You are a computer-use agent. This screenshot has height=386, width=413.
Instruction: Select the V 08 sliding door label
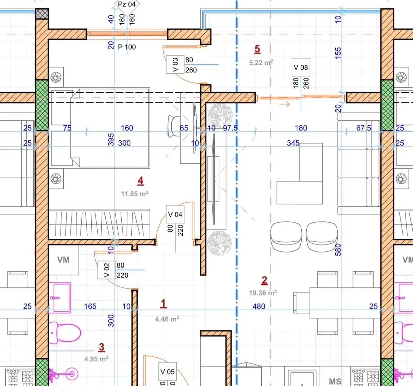(301, 67)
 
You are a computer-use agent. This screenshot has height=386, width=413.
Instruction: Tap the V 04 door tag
(175, 214)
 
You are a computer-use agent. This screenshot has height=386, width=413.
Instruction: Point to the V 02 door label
(106, 270)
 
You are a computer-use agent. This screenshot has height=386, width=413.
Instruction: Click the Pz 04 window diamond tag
(127, 5)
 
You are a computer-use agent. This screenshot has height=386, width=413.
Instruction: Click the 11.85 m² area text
(135, 194)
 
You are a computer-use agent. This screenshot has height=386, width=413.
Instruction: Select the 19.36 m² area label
(263, 293)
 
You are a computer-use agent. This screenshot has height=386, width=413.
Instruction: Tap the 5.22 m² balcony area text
(261, 63)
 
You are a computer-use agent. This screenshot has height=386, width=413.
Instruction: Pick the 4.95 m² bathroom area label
(96, 359)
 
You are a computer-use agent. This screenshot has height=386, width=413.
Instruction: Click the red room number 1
(163, 303)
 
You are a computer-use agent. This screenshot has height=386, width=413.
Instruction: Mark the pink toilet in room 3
(65, 333)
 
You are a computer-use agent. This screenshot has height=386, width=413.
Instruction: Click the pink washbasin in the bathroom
(60, 298)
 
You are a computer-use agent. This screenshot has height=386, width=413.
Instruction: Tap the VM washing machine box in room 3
(63, 260)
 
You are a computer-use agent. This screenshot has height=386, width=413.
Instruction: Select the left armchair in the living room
(286, 236)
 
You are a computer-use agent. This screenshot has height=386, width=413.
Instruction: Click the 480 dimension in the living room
(259, 306)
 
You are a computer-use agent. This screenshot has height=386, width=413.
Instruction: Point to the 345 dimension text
(293, 143)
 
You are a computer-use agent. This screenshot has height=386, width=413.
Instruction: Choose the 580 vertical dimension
(338, 249)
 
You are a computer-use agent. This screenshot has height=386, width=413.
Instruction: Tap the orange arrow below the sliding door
(284, 104)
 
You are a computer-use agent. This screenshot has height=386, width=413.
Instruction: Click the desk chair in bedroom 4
(174, 126)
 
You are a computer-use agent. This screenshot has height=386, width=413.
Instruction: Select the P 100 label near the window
(127, 47)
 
